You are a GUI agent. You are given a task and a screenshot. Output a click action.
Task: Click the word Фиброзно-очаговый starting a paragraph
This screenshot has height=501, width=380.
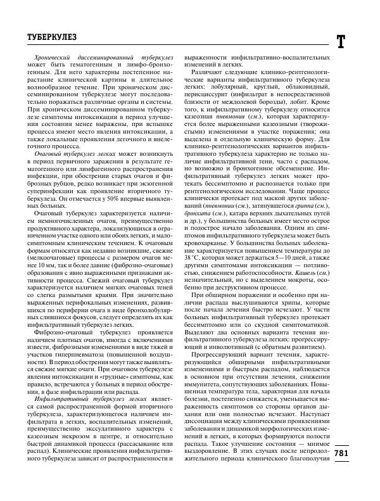(x=65, y=313)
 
